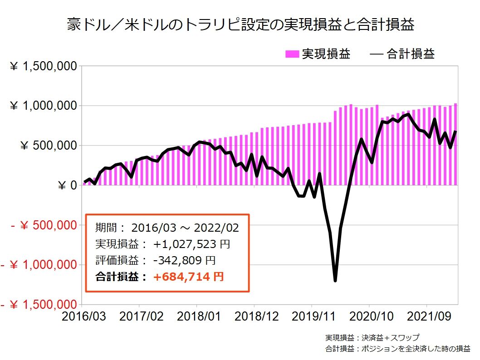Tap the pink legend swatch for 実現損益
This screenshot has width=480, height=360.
click(x=292, y=54)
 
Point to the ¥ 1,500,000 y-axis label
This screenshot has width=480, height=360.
click(x=43, y=67)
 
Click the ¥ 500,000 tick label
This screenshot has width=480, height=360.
click(x=49, y=146)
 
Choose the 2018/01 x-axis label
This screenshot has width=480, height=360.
click(x=197, y=316)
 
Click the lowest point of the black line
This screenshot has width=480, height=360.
click(x=335, y=281)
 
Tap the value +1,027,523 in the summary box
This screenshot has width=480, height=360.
click(x=186, y=244)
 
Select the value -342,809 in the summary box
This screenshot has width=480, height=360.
click(x=177, y=261)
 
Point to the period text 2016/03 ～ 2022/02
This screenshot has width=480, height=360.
click(x=185, y=228)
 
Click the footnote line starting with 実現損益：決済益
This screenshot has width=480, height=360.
click(x=372, y=338)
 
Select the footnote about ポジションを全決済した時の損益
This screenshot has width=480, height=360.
click(x=397, y=349)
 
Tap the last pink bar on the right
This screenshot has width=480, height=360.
click(x=456, y=144)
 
